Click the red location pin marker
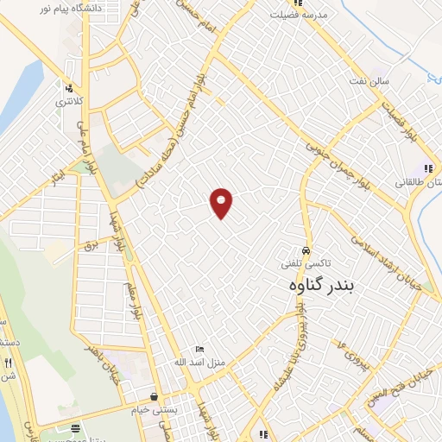click(222, 202)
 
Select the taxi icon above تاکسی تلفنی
click(306, 250)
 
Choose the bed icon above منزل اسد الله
click(200, 349)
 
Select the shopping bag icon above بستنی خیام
click(154, 396)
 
